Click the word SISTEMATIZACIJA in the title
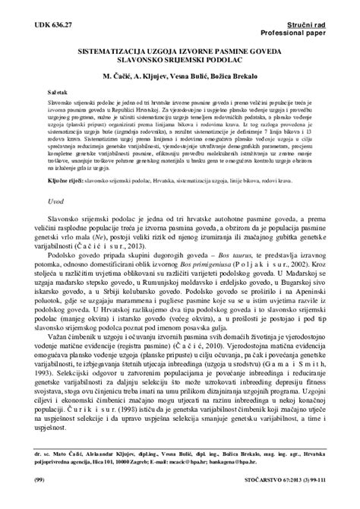(x=120, y=46)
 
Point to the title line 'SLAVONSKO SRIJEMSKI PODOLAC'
(x=179, y=56)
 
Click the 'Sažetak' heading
(x=57, y=90)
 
